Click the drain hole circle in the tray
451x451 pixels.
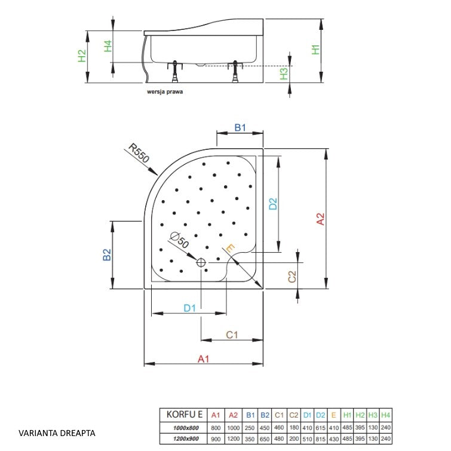click(x=201, y=263)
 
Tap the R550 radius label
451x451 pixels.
click(x=139, y=153)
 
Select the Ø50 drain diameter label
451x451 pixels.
click(x=179, y=240)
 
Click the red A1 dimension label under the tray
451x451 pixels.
click(x=203, y=359)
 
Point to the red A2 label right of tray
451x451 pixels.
click(x=320, y=219)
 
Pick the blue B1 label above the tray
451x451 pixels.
click(x=240, y=127)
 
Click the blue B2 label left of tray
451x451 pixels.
click(x=107, y=254)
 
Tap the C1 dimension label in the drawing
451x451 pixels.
click(x=232, y=335)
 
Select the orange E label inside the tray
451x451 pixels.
click(x=231, y=248)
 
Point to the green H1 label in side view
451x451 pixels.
click(x=315, y=50)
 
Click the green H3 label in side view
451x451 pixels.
click(x=284, y=73)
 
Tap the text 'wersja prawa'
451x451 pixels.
click(x=165, y=92)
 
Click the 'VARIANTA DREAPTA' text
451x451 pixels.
click(x=57, y=433)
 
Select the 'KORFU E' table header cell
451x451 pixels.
click(x=185, y=415)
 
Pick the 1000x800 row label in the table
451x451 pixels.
click(x=186, y=428)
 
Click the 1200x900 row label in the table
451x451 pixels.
click(x=186, y=439)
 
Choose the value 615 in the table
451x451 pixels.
click(x=320, y=428)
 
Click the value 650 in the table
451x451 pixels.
click(x=265, y=439)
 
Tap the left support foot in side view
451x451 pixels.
click(x=174, y=72)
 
